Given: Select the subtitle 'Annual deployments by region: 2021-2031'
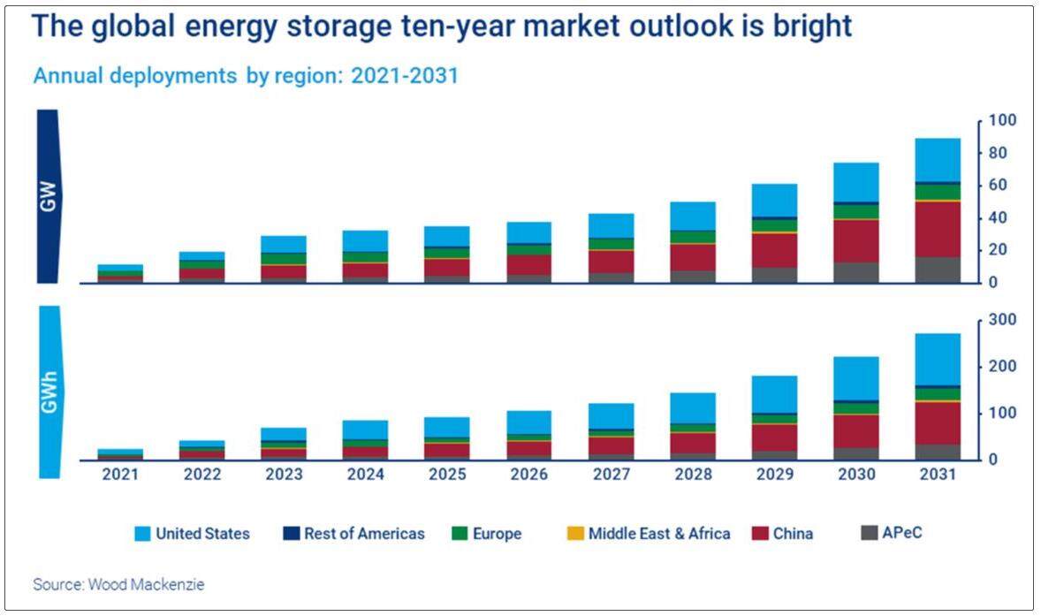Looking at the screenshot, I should click(246, 75).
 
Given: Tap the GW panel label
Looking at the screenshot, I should click(48, 196).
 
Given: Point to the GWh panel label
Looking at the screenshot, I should click(48, 392).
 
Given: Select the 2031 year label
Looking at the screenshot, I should click(938, 475).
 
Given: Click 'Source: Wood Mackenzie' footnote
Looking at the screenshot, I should click(119, 584).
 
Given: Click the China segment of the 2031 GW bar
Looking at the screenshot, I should click(938, 229).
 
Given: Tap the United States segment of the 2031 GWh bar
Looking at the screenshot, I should click(938, 359).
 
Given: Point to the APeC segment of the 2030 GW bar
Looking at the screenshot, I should click(856, 272).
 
